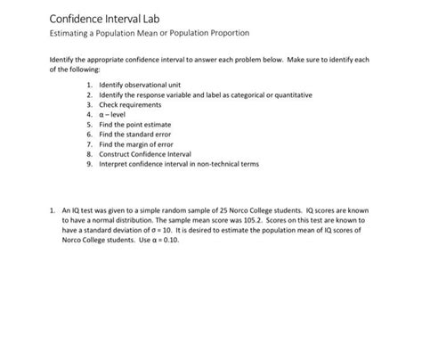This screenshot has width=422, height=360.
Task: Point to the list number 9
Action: pyautogui.click(x=89, y=163)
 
